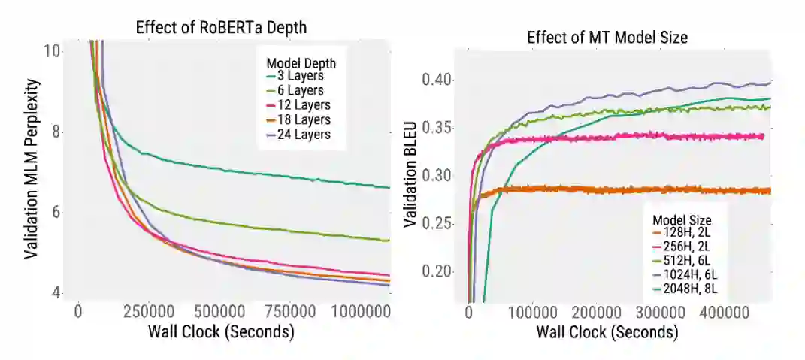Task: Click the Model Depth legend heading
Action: [301, 63]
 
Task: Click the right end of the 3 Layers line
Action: [389, 187]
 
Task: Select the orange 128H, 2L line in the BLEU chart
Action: [601, 189]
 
